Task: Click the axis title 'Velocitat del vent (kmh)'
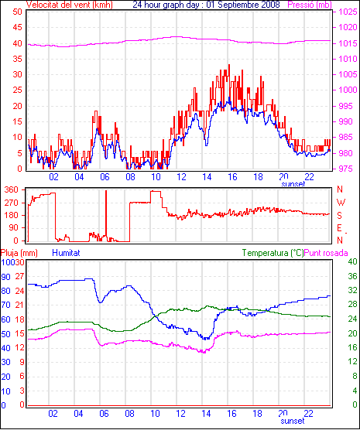click(x=69, y=5)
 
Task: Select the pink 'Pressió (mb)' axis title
click(x=310, y=5)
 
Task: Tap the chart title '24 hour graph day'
click(x=166, y=5)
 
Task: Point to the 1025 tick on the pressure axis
click(x=348, y=12)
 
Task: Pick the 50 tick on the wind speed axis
click(x=17, y=12)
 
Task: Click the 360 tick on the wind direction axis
click(x=12, y=189)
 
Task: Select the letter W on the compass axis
click(x=341, y=203)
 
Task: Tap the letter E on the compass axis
click(x=339, y=228)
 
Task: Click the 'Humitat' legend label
click(x=66, y=253)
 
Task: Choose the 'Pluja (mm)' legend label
click(x=19, y=253)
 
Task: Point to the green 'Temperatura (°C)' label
click(x=273, y=253)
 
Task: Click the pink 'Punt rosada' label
click(x=326, y=253)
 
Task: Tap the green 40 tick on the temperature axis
click(x=352, y=261)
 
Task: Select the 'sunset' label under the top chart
click(x=293, y=184)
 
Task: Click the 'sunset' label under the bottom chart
click(x=293, y=421)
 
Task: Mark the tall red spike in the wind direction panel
click(x=106, y=215)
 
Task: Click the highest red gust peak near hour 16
click(x=229, y=65)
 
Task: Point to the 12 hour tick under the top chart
click(x=181, y=177)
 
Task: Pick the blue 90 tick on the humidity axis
click(x=5, y=277)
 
